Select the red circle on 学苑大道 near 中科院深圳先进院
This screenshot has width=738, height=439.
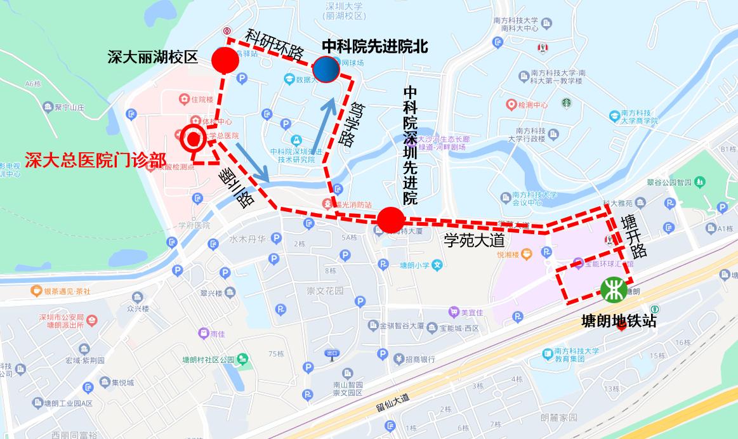pyautogui.click(x=390, y=220)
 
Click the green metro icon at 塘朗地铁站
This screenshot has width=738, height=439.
pyautogui.click(x=614, y=290)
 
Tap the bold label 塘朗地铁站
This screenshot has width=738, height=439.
pyautogui.click(x=619, y=322)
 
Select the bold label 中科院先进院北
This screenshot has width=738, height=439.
pyautogui.click(x=375, y=46)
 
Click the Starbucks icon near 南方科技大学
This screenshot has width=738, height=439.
pyautogui.click(x=565, y=103)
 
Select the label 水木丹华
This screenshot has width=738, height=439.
pyautogui.click(x=247, y=239)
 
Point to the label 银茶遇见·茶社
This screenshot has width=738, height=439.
pyautogui.click(x=67, y=291)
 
